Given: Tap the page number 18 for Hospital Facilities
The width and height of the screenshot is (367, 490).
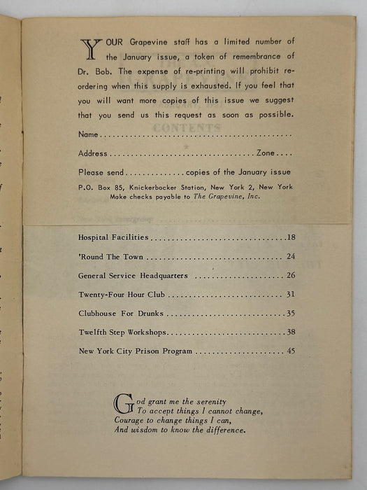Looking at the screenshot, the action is pyautogui.click(x=291, y=238).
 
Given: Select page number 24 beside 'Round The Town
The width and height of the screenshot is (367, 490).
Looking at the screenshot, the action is pyautogui.click(x=291, y=257).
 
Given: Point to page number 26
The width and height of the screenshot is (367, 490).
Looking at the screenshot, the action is pyautogui.click(x=291, y=276).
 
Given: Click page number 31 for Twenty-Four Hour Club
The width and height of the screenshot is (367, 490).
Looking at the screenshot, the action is pyautogui.click(x=291, y=295).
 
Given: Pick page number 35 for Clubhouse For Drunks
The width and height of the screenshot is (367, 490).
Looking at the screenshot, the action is pyautogui.click(x=291, y=314).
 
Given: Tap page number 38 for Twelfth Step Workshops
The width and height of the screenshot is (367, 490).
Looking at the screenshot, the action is pyautogui.click(x=291, y=332).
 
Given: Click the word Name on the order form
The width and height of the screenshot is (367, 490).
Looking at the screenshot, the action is pyautogui.click(x=89, y=134).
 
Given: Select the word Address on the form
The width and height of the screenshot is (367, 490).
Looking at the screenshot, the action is pyautogui.click(x=94, y=153).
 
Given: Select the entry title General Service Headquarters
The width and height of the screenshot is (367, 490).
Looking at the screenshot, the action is pyautogui.click(x=134, y=276).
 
